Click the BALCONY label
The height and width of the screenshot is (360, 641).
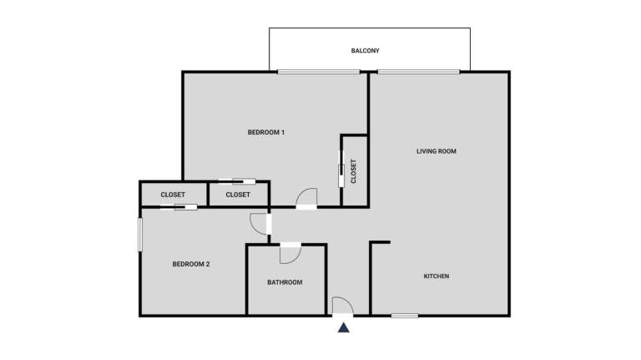point(365,51)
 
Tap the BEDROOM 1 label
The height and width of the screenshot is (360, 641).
point(266,132)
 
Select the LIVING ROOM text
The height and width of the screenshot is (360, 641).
point(437,151)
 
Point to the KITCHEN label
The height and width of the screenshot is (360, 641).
point(437,276)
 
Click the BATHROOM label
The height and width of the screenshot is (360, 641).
point(285,282)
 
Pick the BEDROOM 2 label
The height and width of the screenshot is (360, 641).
point(191,264)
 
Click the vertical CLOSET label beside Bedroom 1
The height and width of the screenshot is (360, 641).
point(354,171)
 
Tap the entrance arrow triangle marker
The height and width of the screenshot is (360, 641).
point(343,327)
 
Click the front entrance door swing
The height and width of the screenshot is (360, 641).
point(342,306)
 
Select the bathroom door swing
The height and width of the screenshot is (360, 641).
point(290,255)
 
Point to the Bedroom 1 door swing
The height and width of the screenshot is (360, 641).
point(306,199)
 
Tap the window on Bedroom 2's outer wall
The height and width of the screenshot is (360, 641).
point(140,235)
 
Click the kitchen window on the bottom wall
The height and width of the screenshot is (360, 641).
point(405,316)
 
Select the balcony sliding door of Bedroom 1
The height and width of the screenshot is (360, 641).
point(319,72)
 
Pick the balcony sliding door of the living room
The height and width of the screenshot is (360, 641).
point(419,72)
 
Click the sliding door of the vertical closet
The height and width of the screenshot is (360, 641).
point(341,169)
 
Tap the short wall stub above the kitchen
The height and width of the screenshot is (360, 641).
point(381,242)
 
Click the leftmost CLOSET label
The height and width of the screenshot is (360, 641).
point(173,195)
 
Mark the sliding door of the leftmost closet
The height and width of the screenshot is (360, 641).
point(179,207)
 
